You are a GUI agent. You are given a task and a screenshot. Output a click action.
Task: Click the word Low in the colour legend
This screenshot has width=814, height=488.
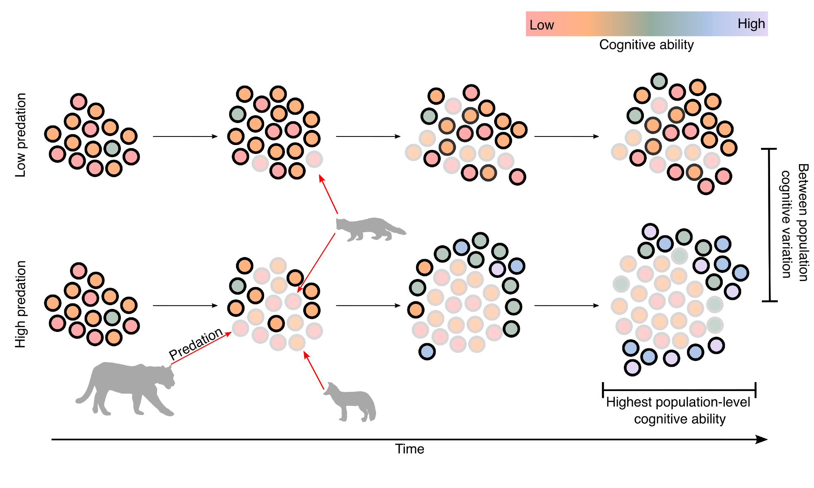541,25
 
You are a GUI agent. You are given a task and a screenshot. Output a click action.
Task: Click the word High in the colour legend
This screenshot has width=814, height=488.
751,24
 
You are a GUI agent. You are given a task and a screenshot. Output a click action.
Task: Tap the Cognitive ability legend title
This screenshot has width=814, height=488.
646,44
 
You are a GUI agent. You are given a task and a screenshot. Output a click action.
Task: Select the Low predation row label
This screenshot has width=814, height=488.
21,135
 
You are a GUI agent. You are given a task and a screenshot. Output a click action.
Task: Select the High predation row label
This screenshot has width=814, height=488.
21,304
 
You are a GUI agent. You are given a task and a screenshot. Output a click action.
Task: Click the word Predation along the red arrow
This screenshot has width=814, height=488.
196,343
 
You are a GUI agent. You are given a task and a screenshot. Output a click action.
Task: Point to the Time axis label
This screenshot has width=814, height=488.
409,449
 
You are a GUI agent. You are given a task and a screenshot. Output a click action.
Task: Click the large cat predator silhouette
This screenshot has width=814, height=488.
126,387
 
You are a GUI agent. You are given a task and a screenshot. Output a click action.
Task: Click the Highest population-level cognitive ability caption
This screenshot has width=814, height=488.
678,410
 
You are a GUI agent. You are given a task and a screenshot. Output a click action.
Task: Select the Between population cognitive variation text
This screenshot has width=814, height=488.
794,222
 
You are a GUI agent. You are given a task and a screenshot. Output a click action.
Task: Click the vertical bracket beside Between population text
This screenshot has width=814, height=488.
769,225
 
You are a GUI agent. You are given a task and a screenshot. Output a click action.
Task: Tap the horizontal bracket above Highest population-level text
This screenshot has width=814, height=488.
679,390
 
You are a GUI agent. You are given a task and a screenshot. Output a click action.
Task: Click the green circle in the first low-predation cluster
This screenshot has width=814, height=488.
112,148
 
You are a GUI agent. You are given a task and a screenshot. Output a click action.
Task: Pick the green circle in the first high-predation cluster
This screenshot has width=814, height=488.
112,317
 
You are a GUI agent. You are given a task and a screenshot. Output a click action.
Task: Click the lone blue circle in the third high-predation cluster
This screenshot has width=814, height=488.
427,352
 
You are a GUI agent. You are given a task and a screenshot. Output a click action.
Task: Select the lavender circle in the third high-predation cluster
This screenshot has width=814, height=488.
497,269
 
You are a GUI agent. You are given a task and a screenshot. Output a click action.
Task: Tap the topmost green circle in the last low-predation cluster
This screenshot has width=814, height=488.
659,81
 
